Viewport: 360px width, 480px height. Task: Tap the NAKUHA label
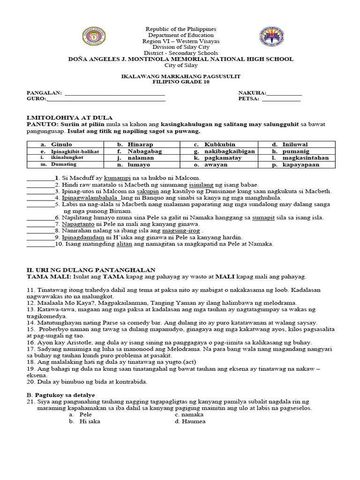pos(252,93)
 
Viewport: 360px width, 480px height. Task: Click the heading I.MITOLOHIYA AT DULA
pos(69,117)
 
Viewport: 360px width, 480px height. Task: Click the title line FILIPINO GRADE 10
pos(180,82)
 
